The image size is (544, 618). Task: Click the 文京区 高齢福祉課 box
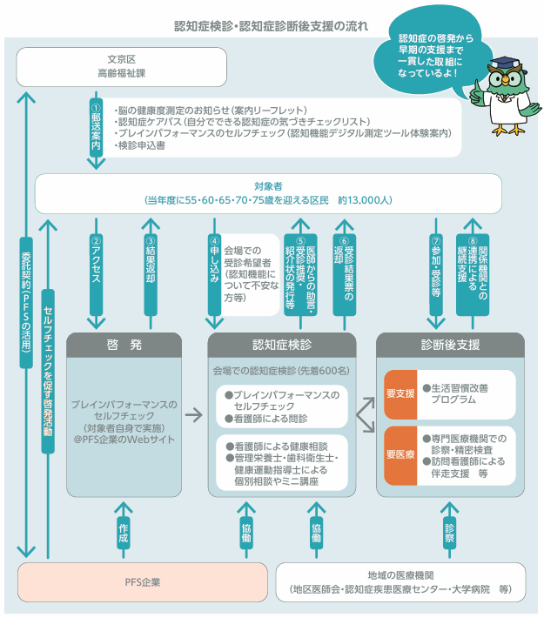pyautogui.click(x=121, y=68)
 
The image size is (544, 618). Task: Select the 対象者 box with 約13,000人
pyautogui.click(x=268, y=193)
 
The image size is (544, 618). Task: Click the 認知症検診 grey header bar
pyautogui.click(x=282, y=345)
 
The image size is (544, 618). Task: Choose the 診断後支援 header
pyautogui.click(x=450, y=345)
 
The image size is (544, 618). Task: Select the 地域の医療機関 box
pyautogui.click(x=401, y=581)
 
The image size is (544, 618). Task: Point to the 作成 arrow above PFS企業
pyautogui.click(x=123, y=527)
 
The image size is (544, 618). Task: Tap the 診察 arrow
pyautogui.click(x=450, y=527)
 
